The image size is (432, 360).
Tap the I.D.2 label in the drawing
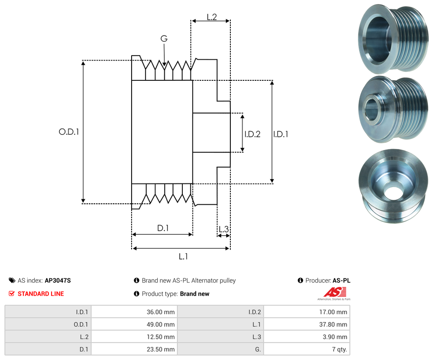(252, 134)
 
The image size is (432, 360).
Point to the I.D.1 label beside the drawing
(281, 134)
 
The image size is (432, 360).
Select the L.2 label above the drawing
(212, 17)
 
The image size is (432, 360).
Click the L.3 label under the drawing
(223, 230)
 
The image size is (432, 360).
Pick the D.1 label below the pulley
(163, 228)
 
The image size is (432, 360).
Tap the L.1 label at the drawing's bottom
(183, 256)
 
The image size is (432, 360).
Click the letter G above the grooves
(164, 39)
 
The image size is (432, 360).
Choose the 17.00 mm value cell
(334, 312)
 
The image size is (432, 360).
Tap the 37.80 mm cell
(334, 325)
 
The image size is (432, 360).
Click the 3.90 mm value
(335, 337)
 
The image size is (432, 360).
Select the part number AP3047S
(58, 281)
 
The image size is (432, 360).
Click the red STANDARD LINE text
(40, 294)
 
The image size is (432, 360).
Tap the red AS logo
(333, 293)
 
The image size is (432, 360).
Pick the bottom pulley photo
(392, 186)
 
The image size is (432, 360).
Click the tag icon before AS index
(12, 281)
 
